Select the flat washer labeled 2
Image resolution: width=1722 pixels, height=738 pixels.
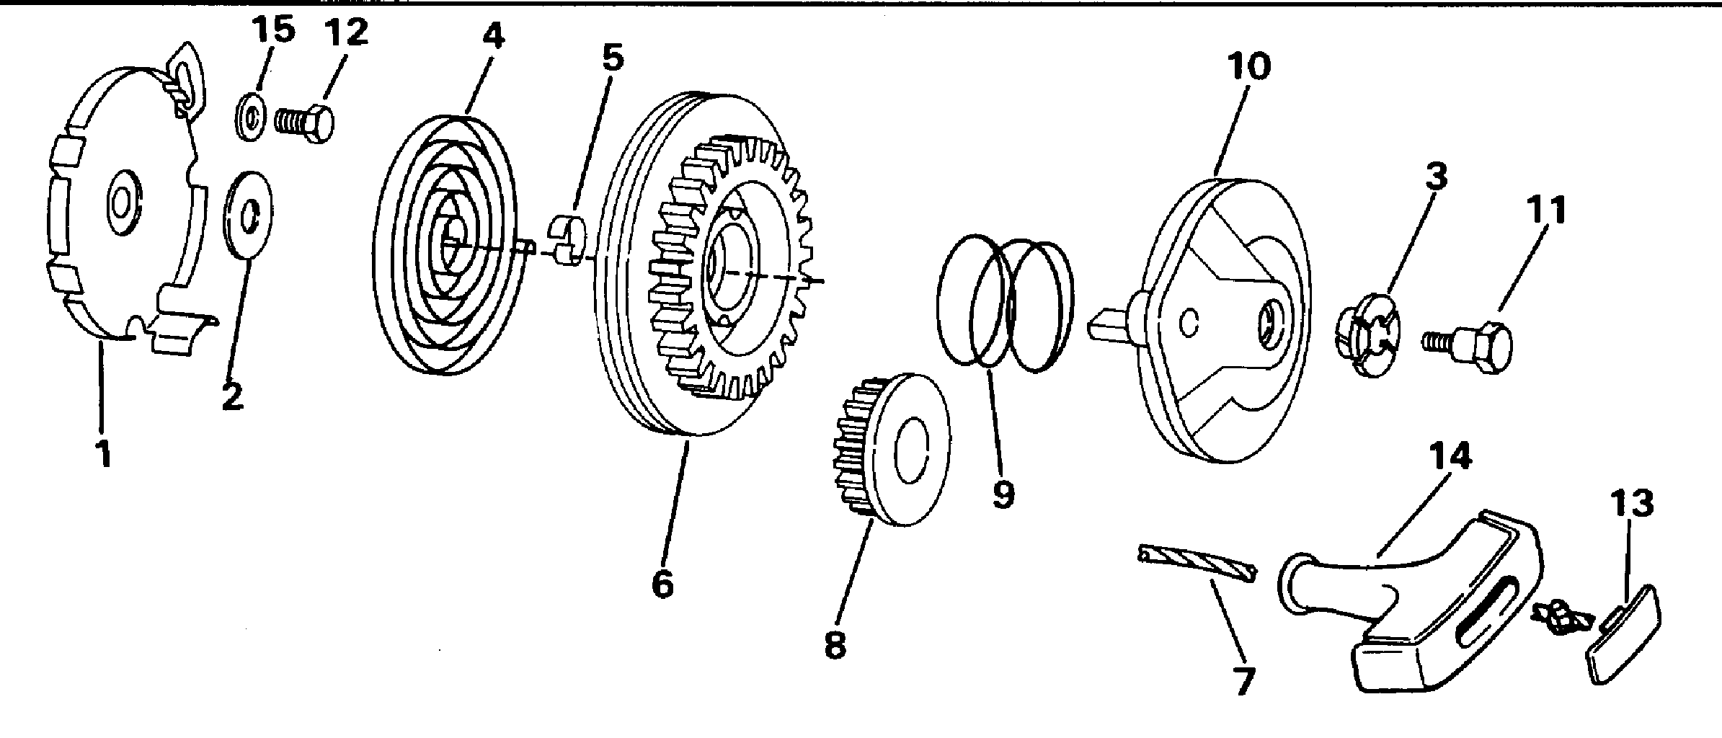pos(249,215)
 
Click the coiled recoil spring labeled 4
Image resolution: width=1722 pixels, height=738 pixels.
pos(447,245)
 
